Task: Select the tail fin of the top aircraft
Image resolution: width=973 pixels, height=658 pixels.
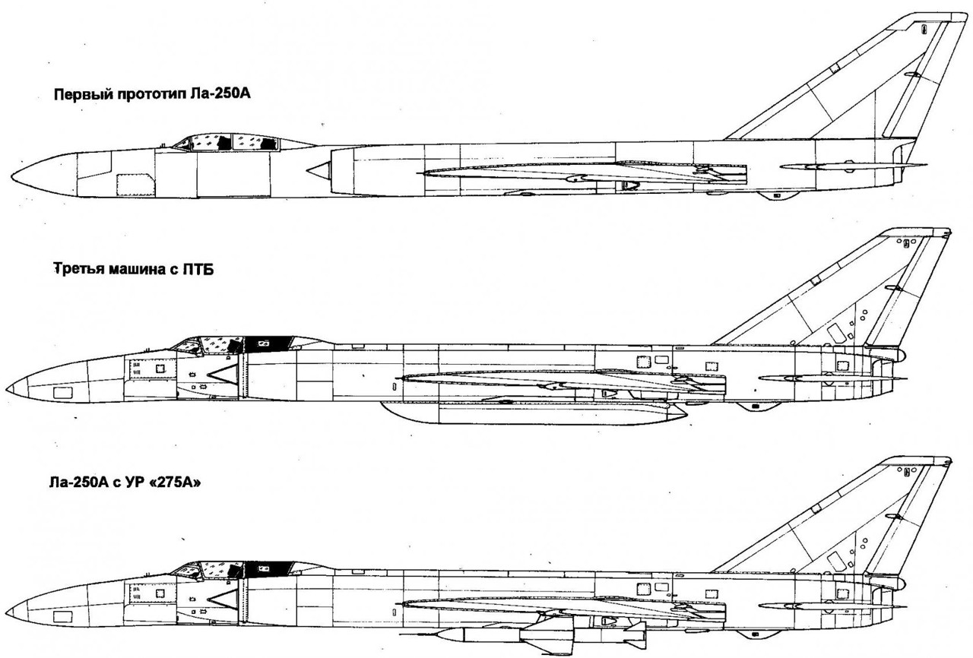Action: [859, 84]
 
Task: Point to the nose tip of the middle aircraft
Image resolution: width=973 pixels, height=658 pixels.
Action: [8, 388]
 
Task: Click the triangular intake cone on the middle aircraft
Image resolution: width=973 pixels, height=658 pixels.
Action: [222, 372]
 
